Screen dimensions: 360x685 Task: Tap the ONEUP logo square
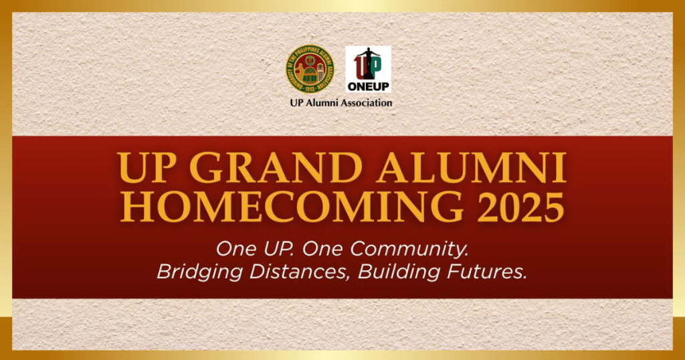click(368, 69)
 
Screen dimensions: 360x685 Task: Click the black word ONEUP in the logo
click(368, 86)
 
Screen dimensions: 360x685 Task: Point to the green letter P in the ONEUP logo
click(375, 67)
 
